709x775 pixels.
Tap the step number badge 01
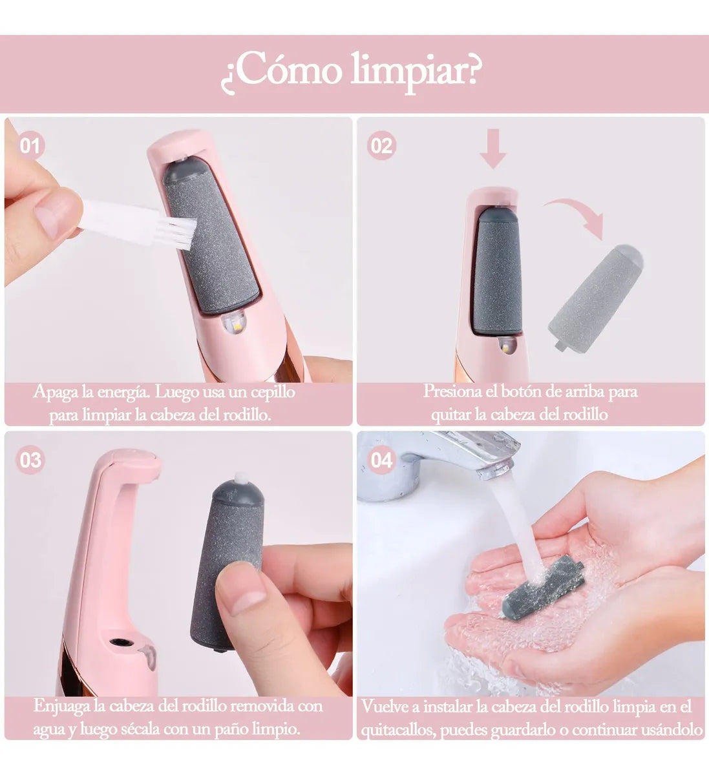click(30, 145)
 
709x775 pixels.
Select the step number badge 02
click(381, 146)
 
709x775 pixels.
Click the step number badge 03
click(30, 460)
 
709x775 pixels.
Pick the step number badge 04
click(381, 460)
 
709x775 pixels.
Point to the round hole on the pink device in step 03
click(119, 643)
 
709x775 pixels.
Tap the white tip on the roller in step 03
click(241, 479)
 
